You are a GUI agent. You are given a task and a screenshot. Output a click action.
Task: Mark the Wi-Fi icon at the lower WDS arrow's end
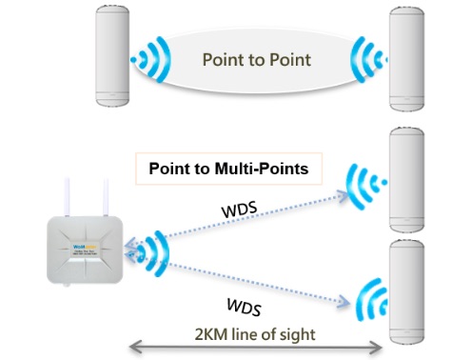(x=371, y=298)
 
